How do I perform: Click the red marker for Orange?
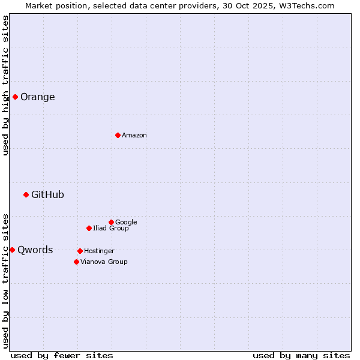[15, 97]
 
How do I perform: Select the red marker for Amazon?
[118, 135]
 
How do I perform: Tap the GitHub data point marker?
[26, 194]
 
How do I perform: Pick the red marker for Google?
[111, 222]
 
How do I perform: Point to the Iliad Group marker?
[89, 228]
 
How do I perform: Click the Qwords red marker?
[12, 250]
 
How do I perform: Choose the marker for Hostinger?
[80, 251]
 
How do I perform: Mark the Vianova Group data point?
[76, 262]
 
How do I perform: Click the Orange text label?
[38, 97]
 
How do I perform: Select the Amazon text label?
[134, 136]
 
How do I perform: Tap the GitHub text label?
[47, 194]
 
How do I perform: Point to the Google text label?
[126, 222]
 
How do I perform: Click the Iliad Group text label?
[111, 228]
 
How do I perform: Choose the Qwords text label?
[35, 250]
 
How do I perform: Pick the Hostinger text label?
[99, 251]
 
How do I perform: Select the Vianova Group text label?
[104, 262]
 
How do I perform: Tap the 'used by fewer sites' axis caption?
[62, 355]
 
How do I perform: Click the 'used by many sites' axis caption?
[301, 355]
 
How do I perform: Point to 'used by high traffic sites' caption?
[5, 85]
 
